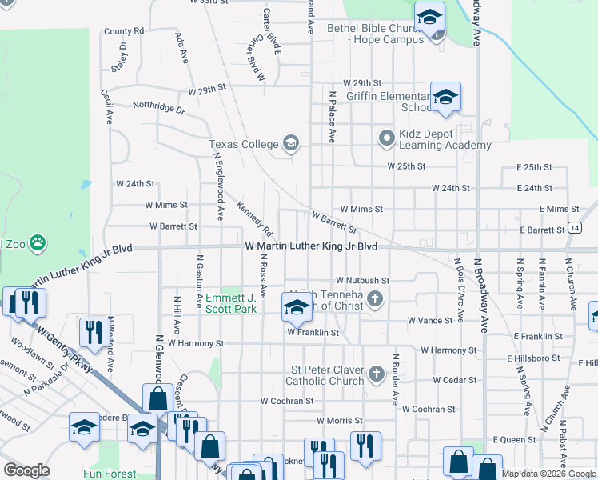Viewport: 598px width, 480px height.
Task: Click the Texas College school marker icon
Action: (290, 144)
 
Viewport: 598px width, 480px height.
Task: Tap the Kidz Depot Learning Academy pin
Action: (387, 138)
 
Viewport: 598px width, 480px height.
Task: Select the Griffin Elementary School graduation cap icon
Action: (445, 98)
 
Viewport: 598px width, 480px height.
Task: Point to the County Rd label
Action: (123, 31)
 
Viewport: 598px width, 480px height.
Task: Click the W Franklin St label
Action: (313, 332)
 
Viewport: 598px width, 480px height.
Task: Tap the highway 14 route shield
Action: (575, 227)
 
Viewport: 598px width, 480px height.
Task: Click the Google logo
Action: (27, 470)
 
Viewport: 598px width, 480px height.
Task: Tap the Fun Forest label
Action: (110, 474)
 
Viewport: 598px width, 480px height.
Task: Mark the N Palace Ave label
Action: (331, 116)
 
